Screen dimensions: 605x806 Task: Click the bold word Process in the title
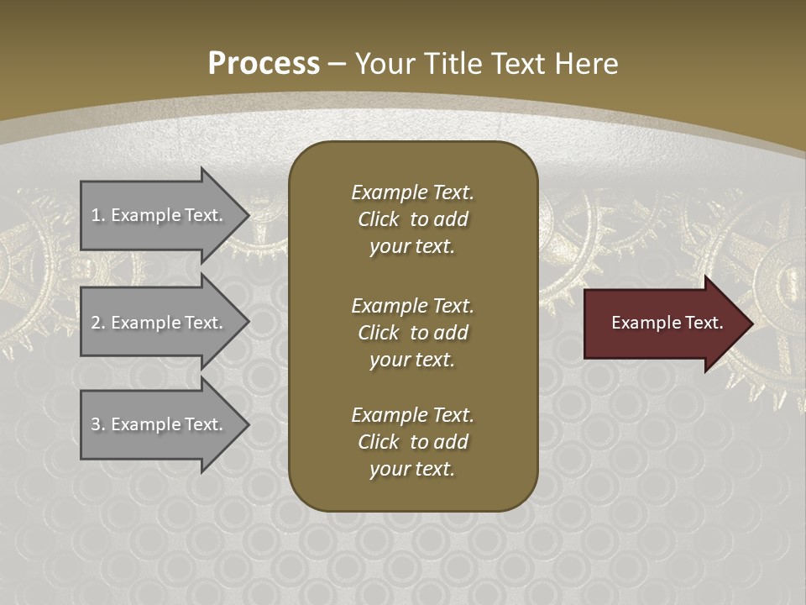click(264, 64)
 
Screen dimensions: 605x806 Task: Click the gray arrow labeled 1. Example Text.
click(160, 215)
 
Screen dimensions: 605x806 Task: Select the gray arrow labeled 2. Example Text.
click(160, 323)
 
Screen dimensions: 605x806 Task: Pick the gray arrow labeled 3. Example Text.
click(160, 424)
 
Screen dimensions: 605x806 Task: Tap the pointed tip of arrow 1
click(246, 215)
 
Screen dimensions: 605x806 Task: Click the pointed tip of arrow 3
click(246, 424)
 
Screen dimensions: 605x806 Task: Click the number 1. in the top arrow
click(98, 215)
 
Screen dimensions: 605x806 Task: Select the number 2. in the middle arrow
click(98, 323)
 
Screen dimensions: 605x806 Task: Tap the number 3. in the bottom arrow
click(98, 424)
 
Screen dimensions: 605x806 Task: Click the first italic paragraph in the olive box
click(412, 219)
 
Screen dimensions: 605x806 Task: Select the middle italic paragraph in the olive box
click(412, 333)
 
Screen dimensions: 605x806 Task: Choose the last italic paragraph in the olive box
click(412, 442)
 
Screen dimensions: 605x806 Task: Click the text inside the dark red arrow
click(667, 323)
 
